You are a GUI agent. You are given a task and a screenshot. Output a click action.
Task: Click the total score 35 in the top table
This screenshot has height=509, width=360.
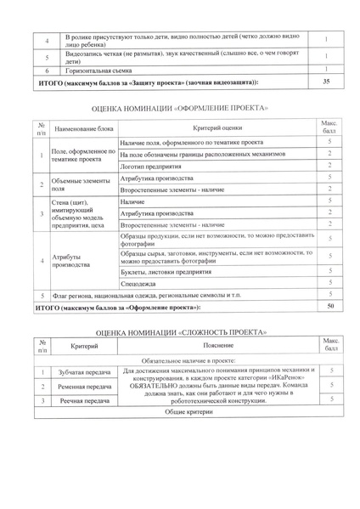coord(327,82)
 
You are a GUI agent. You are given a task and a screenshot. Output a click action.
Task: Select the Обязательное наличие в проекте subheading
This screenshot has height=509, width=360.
coord(180,360)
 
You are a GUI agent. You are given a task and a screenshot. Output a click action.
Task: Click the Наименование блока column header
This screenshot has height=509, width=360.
coord(82,128)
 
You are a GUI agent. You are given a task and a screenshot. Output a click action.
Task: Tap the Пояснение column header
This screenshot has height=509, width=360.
coord(219,347)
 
